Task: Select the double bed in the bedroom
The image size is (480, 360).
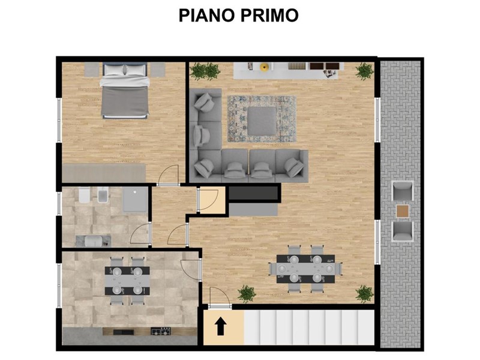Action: (125, 91)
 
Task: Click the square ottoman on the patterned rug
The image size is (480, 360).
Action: (262, 121)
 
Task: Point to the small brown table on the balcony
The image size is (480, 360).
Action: (403, 211)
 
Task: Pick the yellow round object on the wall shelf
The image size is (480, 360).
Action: (264, 67)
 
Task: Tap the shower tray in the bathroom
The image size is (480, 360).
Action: (135, 199)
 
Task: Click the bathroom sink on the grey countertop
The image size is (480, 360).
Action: (94, 241)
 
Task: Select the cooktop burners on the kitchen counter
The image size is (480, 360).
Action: (161, 331)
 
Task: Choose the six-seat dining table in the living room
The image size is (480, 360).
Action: (305, 269)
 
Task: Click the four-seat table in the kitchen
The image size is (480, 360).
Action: (127, 281)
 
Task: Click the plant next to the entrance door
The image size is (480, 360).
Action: (247, 293)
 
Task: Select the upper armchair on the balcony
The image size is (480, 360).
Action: (403, 191)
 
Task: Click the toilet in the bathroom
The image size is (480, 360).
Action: (84, 195)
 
